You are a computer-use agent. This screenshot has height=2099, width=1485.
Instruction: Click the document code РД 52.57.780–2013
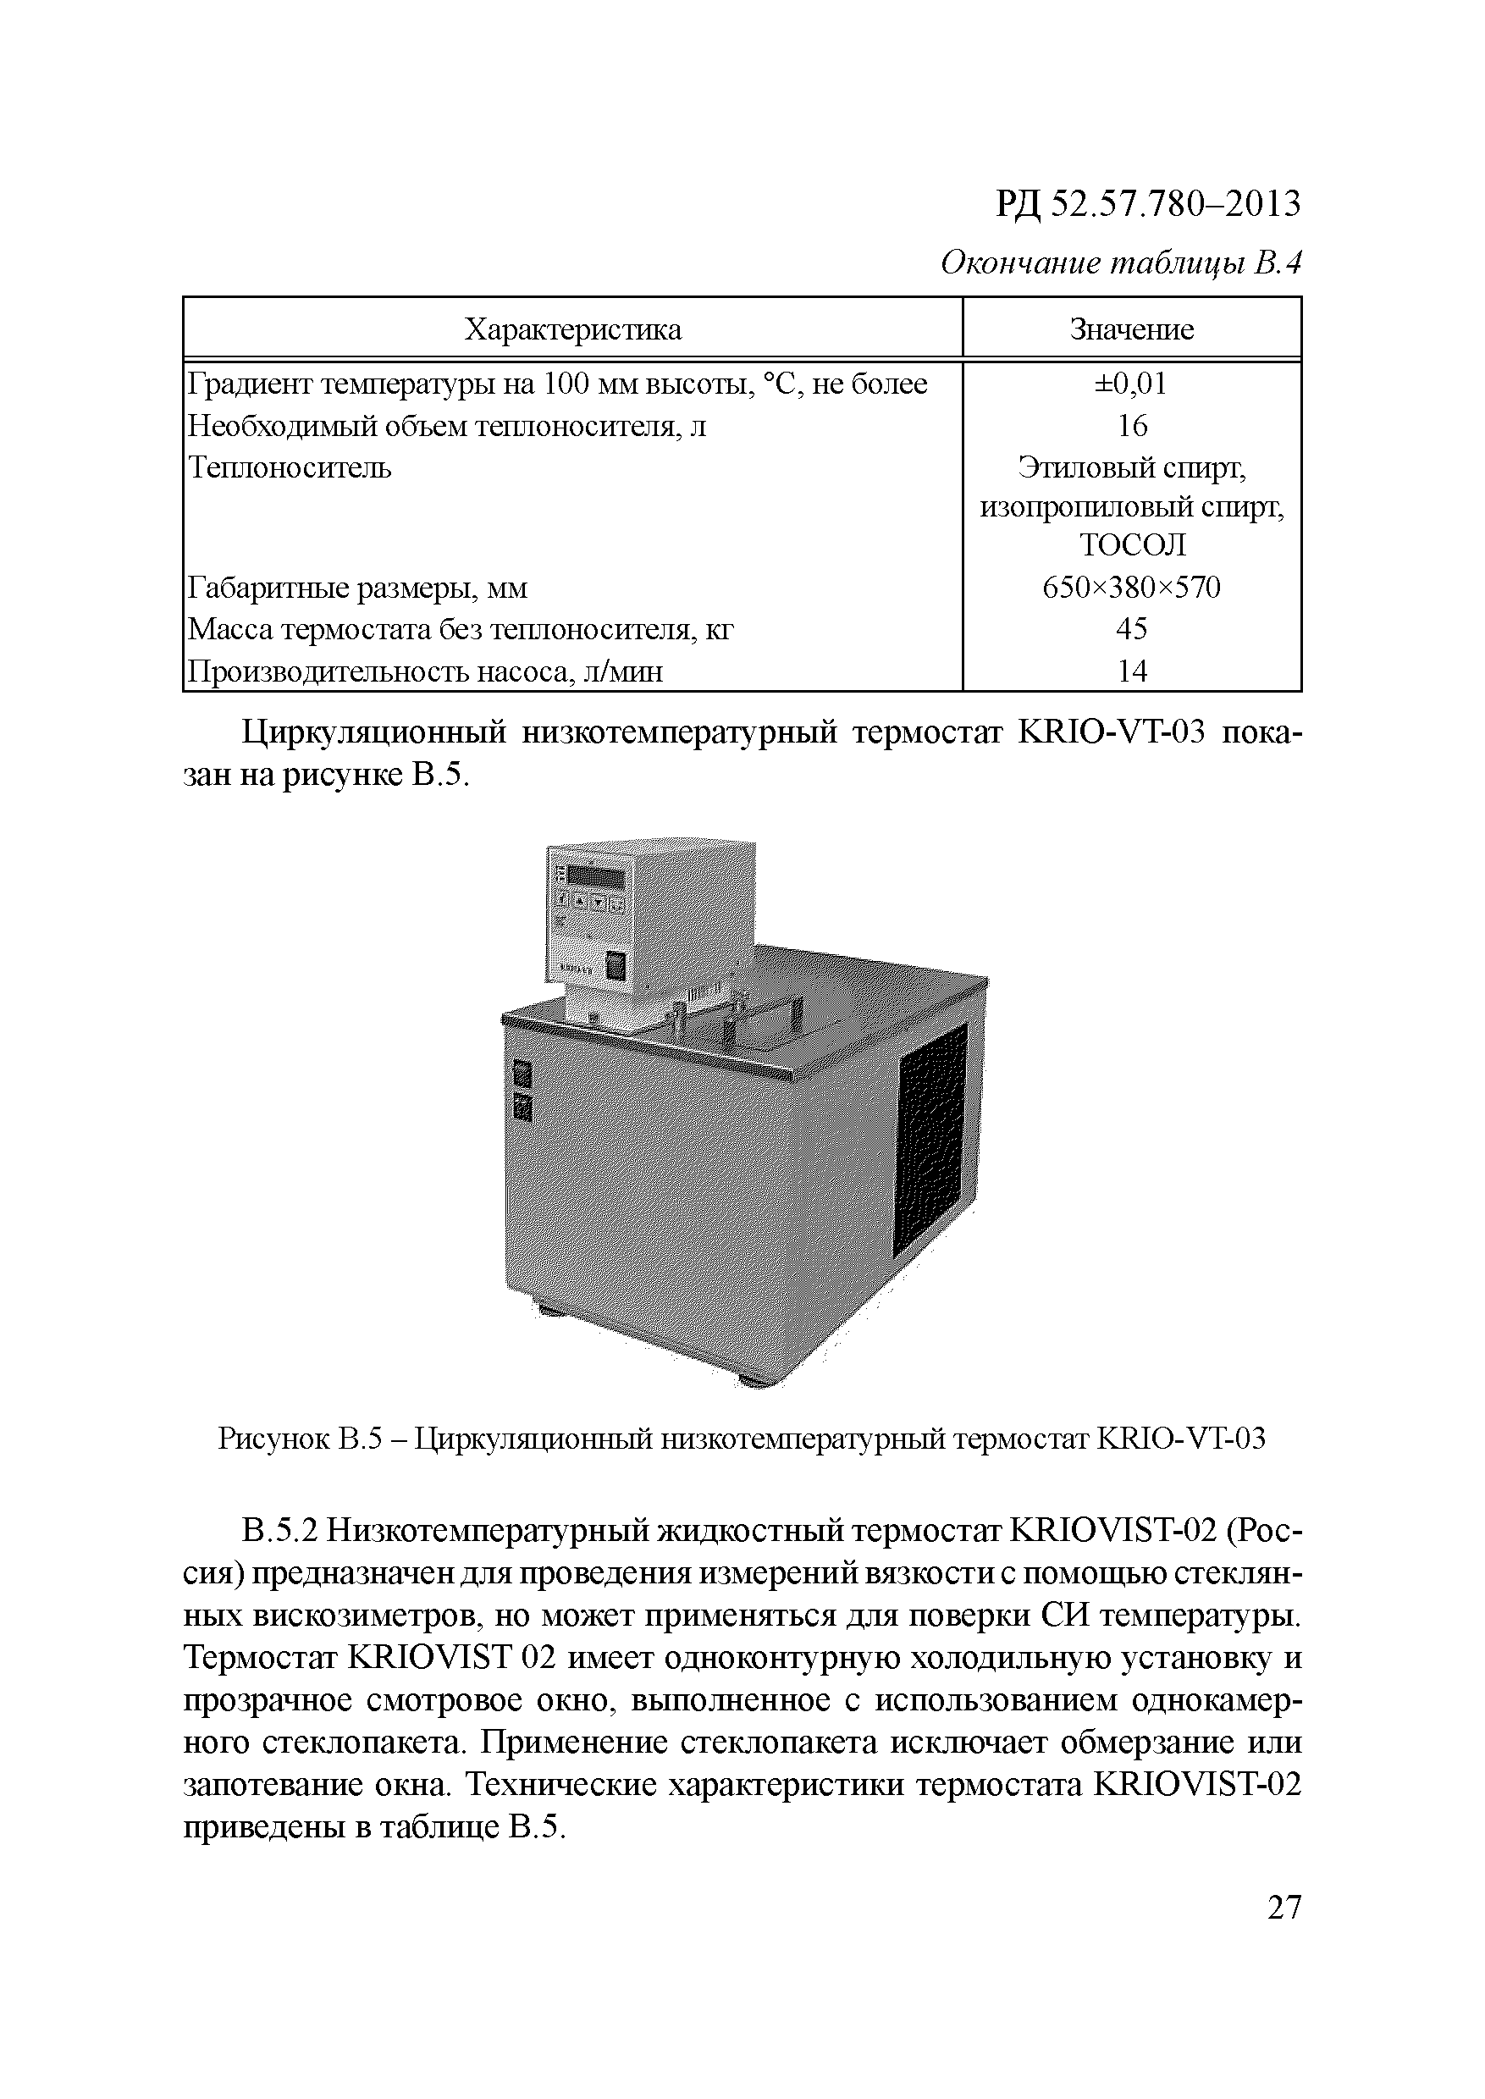click(1147, 204)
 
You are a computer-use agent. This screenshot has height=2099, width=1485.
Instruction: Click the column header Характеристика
click(572, 329)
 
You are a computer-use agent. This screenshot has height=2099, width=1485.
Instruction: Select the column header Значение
click(1131, 329)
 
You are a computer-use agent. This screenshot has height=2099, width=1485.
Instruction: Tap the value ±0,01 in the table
click(1131, 384)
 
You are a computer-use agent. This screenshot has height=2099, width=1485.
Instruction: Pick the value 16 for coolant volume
click(1132, 426)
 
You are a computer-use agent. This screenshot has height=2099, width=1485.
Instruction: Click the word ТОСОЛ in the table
click(1132, 545)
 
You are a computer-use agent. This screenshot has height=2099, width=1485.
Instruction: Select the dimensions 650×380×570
click(1131, 587)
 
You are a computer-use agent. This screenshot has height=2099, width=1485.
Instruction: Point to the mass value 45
click(1132, 629)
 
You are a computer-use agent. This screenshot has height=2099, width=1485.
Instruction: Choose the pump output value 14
click(1132, 671)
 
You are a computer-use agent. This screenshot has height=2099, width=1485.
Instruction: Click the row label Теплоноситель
click(290, 468)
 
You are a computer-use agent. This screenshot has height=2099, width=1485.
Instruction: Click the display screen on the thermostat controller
click(595, 877)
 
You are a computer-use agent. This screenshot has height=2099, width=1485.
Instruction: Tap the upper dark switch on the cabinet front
click(523, 1073)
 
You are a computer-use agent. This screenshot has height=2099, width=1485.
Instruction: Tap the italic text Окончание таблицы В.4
click(1120, 263)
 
